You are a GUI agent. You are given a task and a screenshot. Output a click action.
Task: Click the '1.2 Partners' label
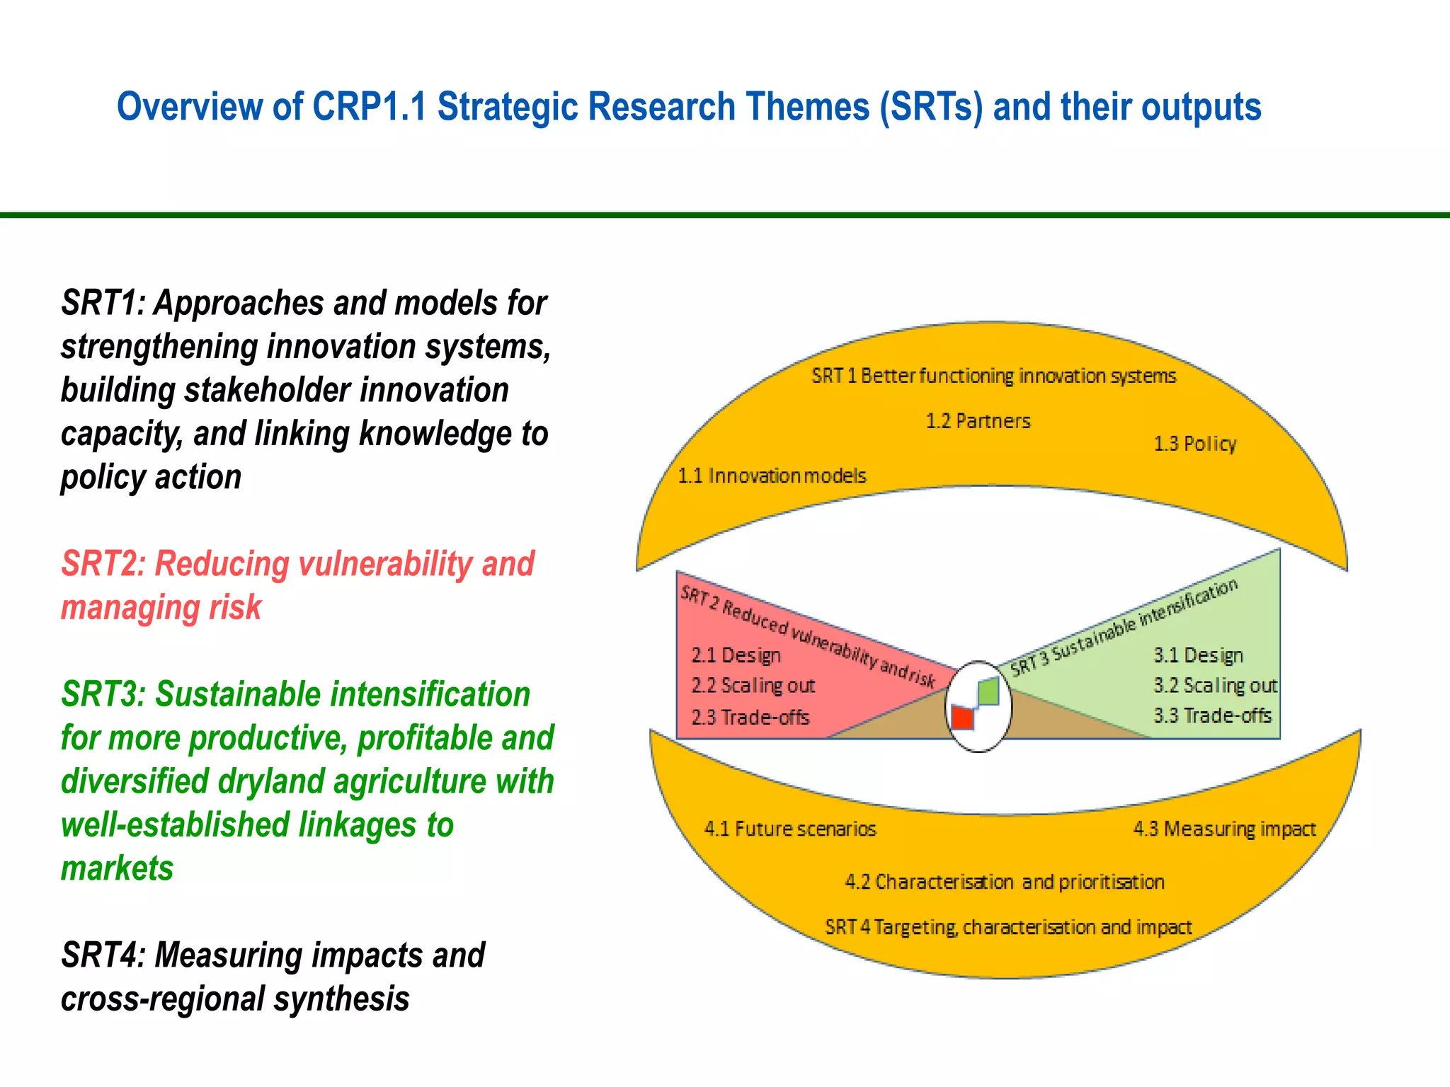(978, 421)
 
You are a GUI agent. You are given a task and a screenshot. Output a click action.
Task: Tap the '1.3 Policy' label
(1194, 444)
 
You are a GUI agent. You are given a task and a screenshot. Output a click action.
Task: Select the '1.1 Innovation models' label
(772, 476)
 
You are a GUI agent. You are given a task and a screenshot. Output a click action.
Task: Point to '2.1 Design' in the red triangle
(736, 655)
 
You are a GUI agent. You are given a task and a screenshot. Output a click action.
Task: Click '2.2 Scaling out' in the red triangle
(753, 686)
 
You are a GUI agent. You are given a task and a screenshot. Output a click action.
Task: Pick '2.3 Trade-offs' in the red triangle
(750, 718)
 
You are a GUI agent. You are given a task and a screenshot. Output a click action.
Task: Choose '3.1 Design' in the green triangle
(1198, 655)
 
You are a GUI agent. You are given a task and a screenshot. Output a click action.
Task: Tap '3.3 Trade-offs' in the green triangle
(1212, 715)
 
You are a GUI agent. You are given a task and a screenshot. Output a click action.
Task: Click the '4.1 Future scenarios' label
(790, 829)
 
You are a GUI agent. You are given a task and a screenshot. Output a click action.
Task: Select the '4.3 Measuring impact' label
(1224, 829)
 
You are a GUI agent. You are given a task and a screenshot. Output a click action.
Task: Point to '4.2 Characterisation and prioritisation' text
(1004, 882)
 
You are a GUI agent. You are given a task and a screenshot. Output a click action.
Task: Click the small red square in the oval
(962, 718)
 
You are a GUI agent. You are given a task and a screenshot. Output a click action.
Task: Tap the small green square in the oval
(988, 691)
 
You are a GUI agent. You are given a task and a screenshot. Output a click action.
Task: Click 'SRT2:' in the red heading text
(103, 564)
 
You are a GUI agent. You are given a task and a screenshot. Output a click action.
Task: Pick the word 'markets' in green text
(117, 868)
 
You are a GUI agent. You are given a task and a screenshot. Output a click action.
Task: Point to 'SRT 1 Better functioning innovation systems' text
(993, 376)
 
